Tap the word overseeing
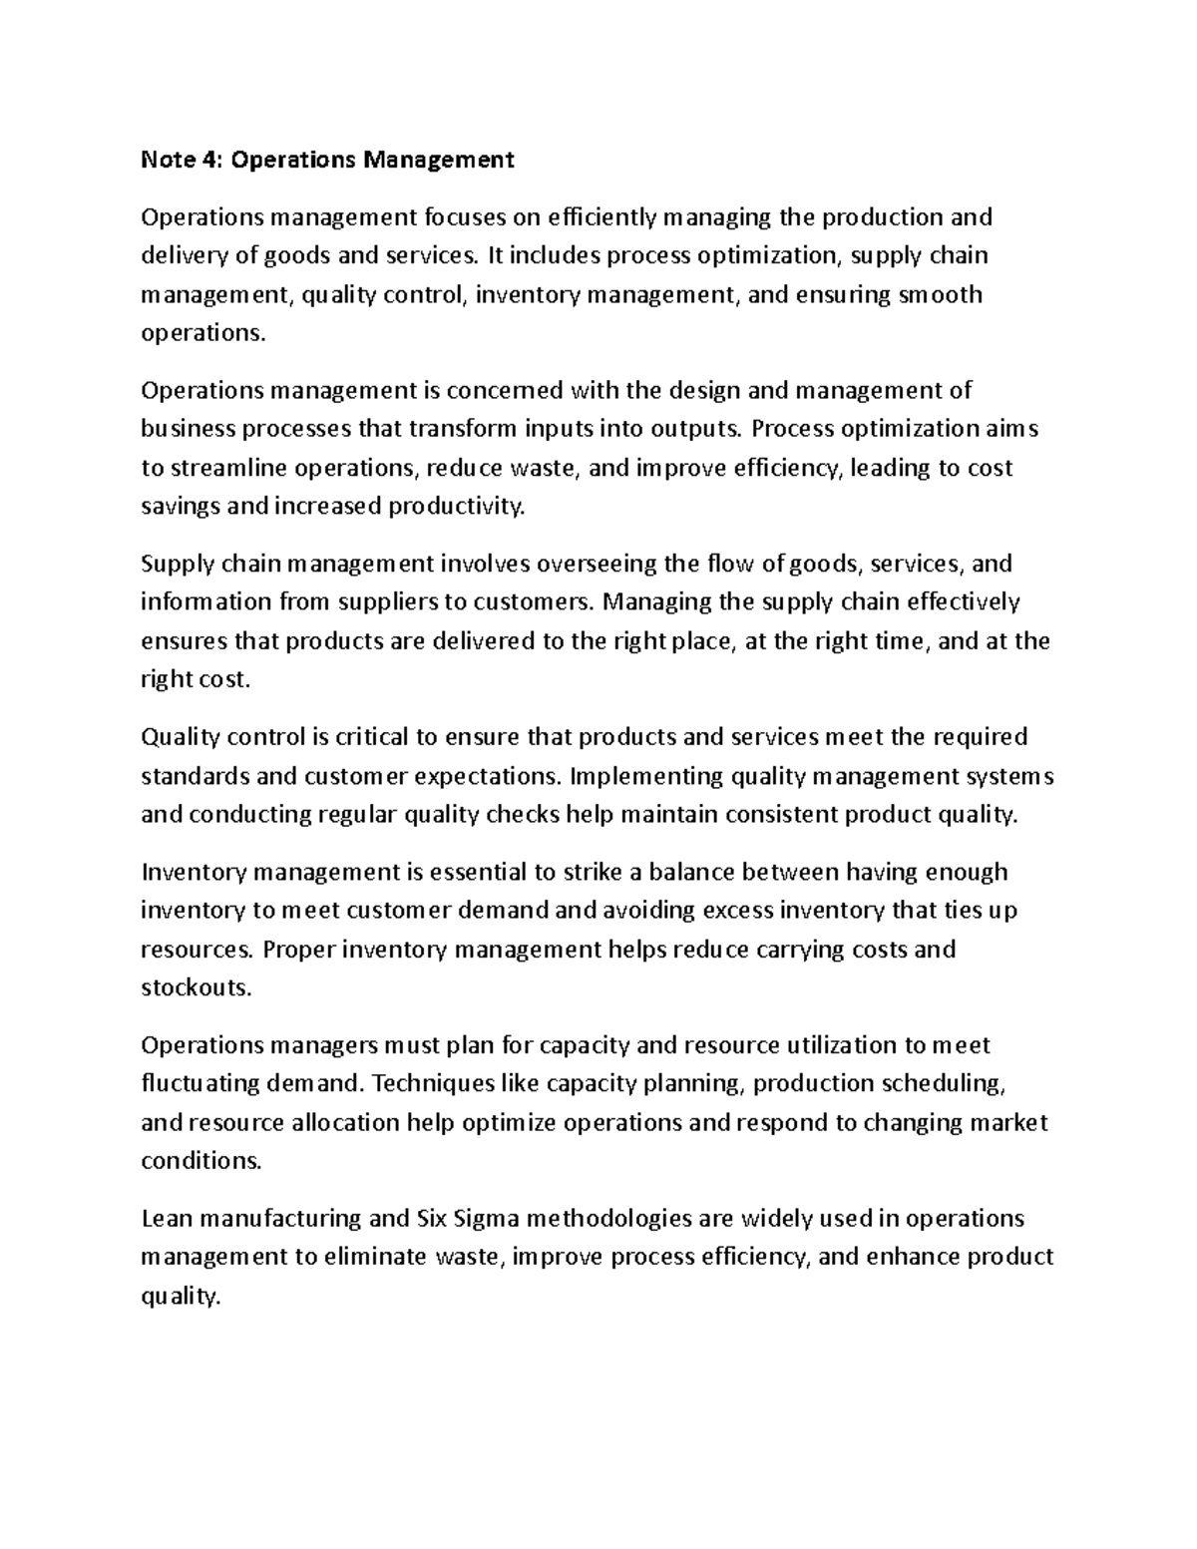coord(598,565)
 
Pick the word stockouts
coord(197,987)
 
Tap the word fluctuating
coord(199,1084)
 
